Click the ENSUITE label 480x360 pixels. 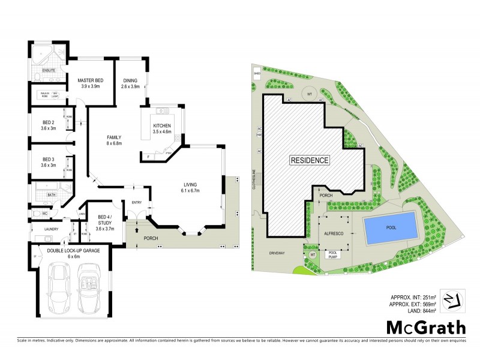49,71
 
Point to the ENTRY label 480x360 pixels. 136,203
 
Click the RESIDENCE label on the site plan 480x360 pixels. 310,160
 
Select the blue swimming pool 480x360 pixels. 391,227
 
